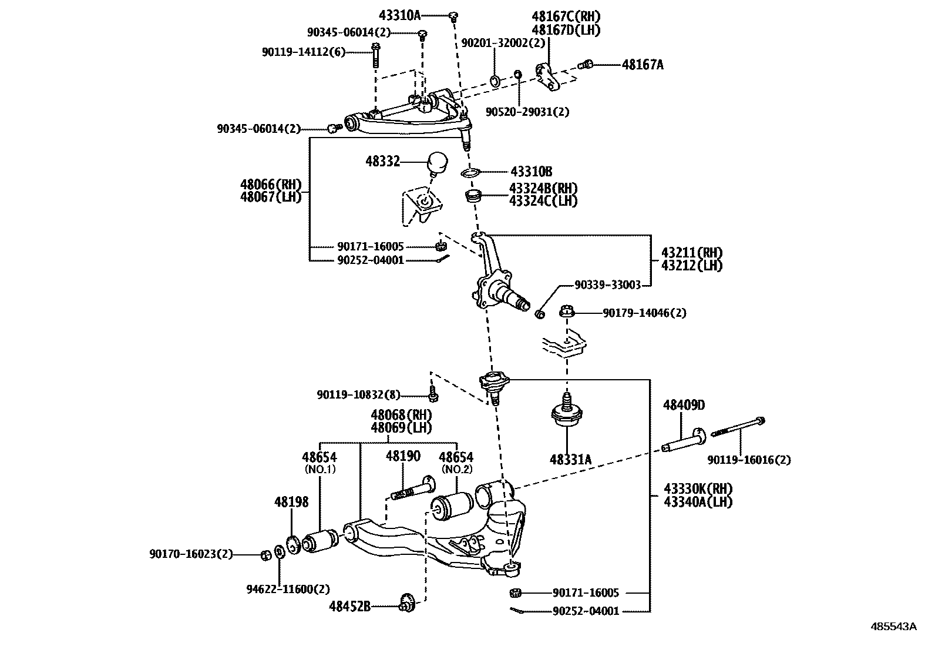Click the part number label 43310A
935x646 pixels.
point(399,16)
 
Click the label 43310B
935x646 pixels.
point(531,172)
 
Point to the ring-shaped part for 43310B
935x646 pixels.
point(470,172)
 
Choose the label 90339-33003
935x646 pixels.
point(607,284)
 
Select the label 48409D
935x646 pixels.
point(684,405)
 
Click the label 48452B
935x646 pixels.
point(349,606)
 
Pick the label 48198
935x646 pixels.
point(291,502)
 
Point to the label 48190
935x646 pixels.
point(403,456)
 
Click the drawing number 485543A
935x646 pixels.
point(893,627)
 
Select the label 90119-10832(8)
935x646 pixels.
point(358,395)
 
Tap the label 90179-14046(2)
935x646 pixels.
point(644,313)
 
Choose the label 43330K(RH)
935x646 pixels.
point(699,489)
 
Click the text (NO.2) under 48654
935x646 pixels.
point(456,469)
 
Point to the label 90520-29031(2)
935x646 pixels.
point(527,111)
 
